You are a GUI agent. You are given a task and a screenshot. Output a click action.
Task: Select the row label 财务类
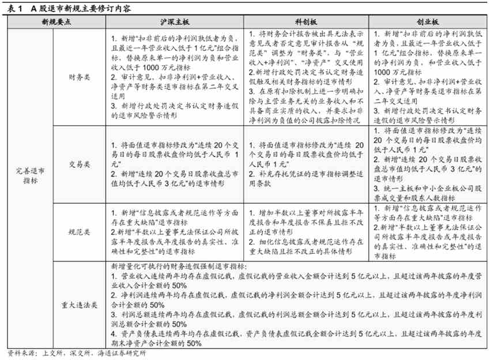coord(79,75)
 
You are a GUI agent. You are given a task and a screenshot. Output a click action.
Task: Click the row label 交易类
coord(79,164)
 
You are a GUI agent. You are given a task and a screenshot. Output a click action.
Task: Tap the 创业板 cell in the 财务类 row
coord(428,75)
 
